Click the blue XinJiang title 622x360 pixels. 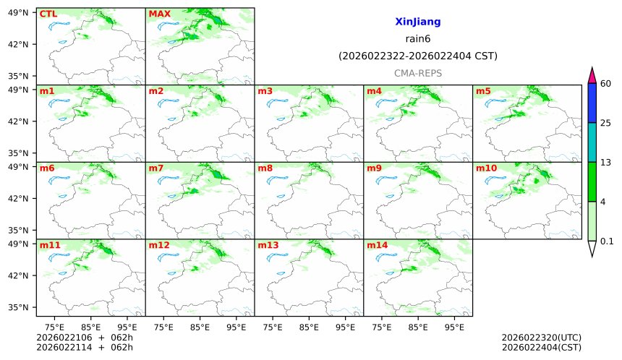click(417, 22)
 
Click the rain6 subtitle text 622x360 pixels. click(417, 39)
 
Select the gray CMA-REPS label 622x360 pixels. click(417, 73)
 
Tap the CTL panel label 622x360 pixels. click(48, 14)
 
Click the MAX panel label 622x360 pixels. click(159, 14)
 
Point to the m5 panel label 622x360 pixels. click(483, 91)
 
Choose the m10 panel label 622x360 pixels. click(486, 168)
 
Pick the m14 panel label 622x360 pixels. click(377, 246)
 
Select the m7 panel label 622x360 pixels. click(156, 168)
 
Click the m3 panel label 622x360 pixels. click(265, 91)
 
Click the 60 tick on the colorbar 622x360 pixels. click(606, 84)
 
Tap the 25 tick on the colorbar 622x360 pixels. click(606, 123)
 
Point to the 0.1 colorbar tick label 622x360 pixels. click(607, 241)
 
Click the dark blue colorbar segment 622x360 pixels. click(592, 103)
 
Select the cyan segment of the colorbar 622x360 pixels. click(592, 142)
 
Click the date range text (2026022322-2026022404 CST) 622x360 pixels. click(417, 56)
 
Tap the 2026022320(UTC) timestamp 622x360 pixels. click(541, 338)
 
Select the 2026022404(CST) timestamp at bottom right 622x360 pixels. click(541, 348)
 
